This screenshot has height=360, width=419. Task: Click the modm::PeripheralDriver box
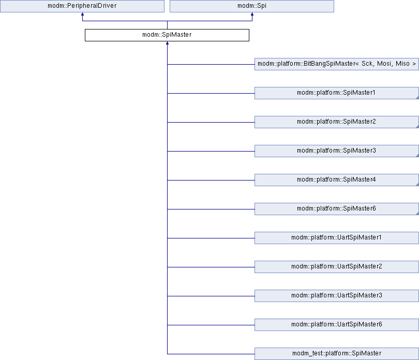(x=82, y=6)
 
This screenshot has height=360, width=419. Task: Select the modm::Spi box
(x=252, y=6)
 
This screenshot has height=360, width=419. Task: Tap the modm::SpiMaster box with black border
(x=167, y=35)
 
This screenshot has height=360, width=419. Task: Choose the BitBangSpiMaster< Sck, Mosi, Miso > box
(x=337, y=64)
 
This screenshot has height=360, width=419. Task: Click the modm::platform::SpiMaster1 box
(x=337, y=93)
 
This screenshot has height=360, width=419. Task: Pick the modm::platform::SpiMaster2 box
(x=337, y=122)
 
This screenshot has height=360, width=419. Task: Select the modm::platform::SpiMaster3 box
(x=337, y=151)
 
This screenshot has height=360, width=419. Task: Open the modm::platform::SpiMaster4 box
(x=337, y=180)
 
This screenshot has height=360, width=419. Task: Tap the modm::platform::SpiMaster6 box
(x=337, y=209)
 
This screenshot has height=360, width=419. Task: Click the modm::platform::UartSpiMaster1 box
(x=337, y=238)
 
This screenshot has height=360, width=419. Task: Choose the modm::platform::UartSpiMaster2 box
(x=337, y=267)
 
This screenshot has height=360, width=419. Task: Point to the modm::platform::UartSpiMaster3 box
(x=337, y=295)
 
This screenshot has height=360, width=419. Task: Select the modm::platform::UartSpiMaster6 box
(x=337, y=325)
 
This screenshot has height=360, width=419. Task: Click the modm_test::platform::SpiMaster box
(x=337, y=354)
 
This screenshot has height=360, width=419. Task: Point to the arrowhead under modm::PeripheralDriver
(x=83, y=14)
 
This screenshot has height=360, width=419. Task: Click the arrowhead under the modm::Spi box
(x=252, y=14)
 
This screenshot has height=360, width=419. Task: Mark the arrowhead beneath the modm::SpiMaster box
(x=167, y=43)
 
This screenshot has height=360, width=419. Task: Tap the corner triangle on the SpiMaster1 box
(x=417, y=98)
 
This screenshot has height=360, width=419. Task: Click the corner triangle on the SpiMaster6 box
(x=417, y=214)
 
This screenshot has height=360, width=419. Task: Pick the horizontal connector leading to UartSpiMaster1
(x=211, y=238)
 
